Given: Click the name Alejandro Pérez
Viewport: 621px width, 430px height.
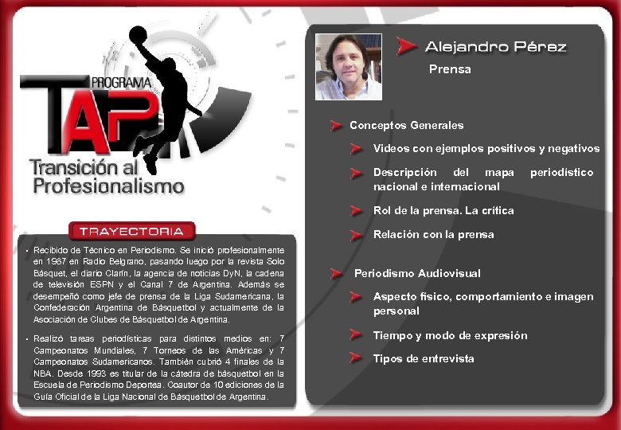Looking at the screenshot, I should point(495,47).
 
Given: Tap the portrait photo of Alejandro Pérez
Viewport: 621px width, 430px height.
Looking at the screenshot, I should point(348,67).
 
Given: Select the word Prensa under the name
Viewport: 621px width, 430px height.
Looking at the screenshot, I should point(450,69).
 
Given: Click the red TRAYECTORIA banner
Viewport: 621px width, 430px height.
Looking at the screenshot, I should point(131,232).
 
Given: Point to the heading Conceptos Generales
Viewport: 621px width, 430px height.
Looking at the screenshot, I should point(406,125).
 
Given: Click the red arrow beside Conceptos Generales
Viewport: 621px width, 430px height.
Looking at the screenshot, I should point(338,125).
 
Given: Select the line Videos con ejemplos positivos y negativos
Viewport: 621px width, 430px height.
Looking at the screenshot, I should point(486,149).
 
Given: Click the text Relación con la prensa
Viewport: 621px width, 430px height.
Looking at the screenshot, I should point(433,235).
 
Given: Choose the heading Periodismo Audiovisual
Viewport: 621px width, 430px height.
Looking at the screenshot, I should point(417,273).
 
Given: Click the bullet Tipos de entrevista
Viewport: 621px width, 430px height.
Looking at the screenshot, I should point(424,358).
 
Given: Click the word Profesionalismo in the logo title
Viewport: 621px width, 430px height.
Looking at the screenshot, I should point(108,186).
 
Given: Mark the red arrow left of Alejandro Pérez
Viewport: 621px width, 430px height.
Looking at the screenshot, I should point(407,46).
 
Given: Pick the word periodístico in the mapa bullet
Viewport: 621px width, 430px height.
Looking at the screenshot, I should point(561,172).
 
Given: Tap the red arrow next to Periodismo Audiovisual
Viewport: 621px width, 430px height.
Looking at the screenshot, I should point(341,273).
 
